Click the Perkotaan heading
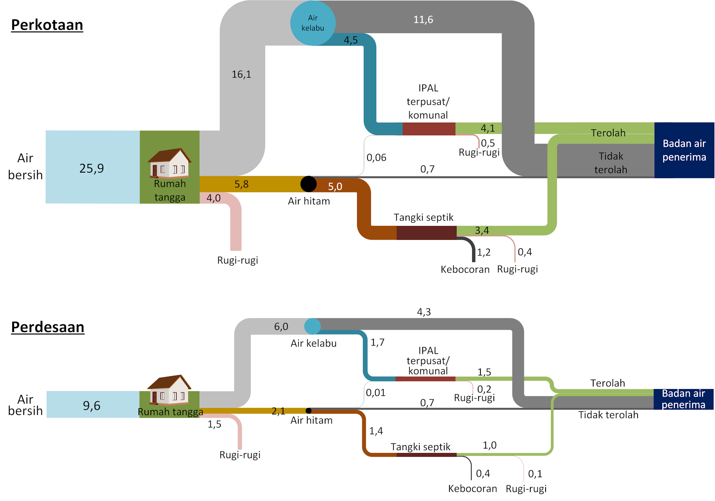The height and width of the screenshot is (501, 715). [47, 25]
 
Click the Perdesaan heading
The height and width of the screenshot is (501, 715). [48, 327]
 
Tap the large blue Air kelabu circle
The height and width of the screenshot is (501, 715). [313, 23]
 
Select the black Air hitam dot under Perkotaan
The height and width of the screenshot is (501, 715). [308, 184]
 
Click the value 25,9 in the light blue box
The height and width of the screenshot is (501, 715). [92, 168]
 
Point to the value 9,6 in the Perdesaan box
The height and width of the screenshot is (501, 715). [92, 405]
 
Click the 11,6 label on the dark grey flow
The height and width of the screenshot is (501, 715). [423, 19]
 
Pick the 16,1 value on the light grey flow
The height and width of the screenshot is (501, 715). [241, 74]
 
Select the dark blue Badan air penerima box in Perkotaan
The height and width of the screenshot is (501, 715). [684, 150]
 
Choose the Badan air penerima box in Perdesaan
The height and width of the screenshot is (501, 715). [683, 399]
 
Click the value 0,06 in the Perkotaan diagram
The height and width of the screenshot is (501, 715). [376, 158]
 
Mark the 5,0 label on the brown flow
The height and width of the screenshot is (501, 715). [335, 187]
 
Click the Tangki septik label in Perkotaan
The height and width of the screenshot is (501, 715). [423, 217]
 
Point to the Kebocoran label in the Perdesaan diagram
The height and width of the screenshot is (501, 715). [472, 488]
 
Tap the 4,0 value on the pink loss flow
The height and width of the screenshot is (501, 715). [213, 198]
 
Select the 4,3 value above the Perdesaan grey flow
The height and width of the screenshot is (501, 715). [424, 312]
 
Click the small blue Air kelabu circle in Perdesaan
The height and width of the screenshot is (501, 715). [312, 326]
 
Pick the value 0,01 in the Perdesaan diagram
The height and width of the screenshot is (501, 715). [375, 392]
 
